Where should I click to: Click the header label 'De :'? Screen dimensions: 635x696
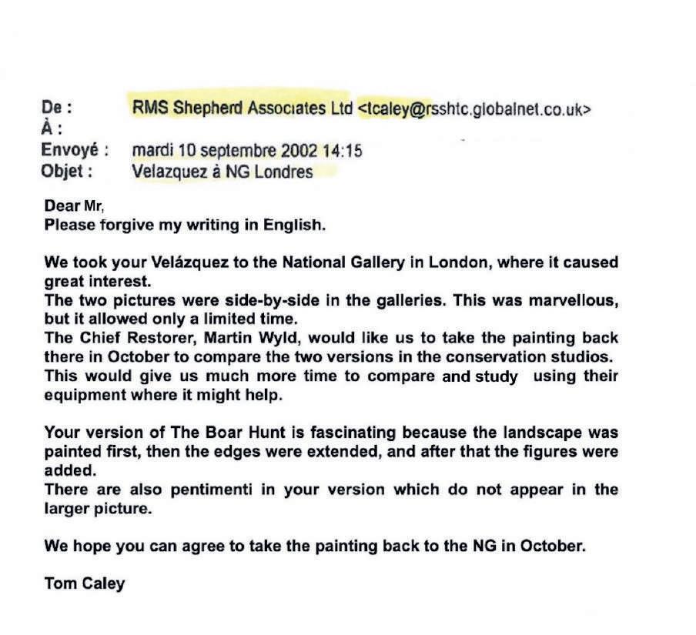pyautogui.click(x=57, y=109)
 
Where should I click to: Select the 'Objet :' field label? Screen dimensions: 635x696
pyautogui.click(x=66, y=172)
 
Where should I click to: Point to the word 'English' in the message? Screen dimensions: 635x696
pyautogui.click(x=300, y=226)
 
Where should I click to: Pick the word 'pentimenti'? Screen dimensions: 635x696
pyautogui.click(x=203, y=490)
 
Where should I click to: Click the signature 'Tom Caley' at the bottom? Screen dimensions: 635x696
pyautogui.click(x=85, y=583)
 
